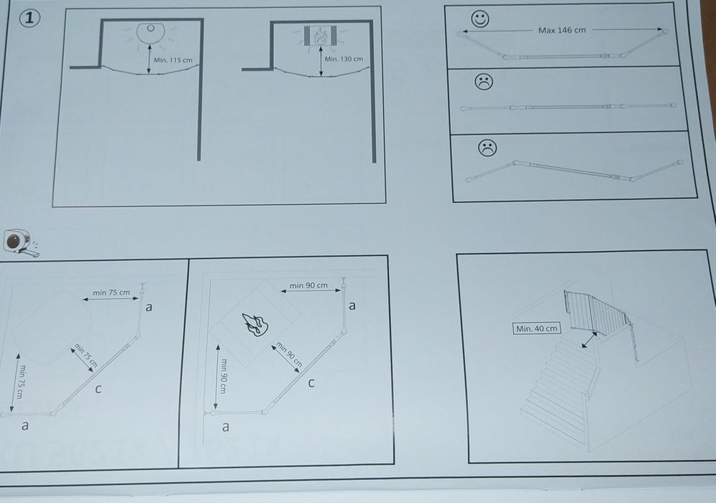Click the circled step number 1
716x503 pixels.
tap(29, 18)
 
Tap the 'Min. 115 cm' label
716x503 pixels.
tap(173, 60)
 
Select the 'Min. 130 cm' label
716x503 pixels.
tap(344, 59)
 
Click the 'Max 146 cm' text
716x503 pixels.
tap(561, 30)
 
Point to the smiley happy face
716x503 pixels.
tap(480, 19)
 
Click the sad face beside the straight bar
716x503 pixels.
tap(484, 82)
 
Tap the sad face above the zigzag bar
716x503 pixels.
tap(487, 148)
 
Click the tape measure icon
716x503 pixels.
tap(21, 242)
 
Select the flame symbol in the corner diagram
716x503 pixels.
tap(254, 324)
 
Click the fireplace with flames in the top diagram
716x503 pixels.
tap(320, 36)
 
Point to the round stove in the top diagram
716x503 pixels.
tap(150, 33)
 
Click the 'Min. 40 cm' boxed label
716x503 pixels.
tap(536, 328)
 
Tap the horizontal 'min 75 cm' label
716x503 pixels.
tap(111, 292)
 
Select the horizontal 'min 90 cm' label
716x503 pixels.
tap(308, 285)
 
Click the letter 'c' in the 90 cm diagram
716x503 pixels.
tap(311, 383)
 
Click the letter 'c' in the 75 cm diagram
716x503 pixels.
tap(98, 389)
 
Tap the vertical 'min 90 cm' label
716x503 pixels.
tap(224, 376)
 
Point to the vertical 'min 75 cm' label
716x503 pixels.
tap(21, 382)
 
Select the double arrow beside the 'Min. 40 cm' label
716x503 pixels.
tap(589, 340)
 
